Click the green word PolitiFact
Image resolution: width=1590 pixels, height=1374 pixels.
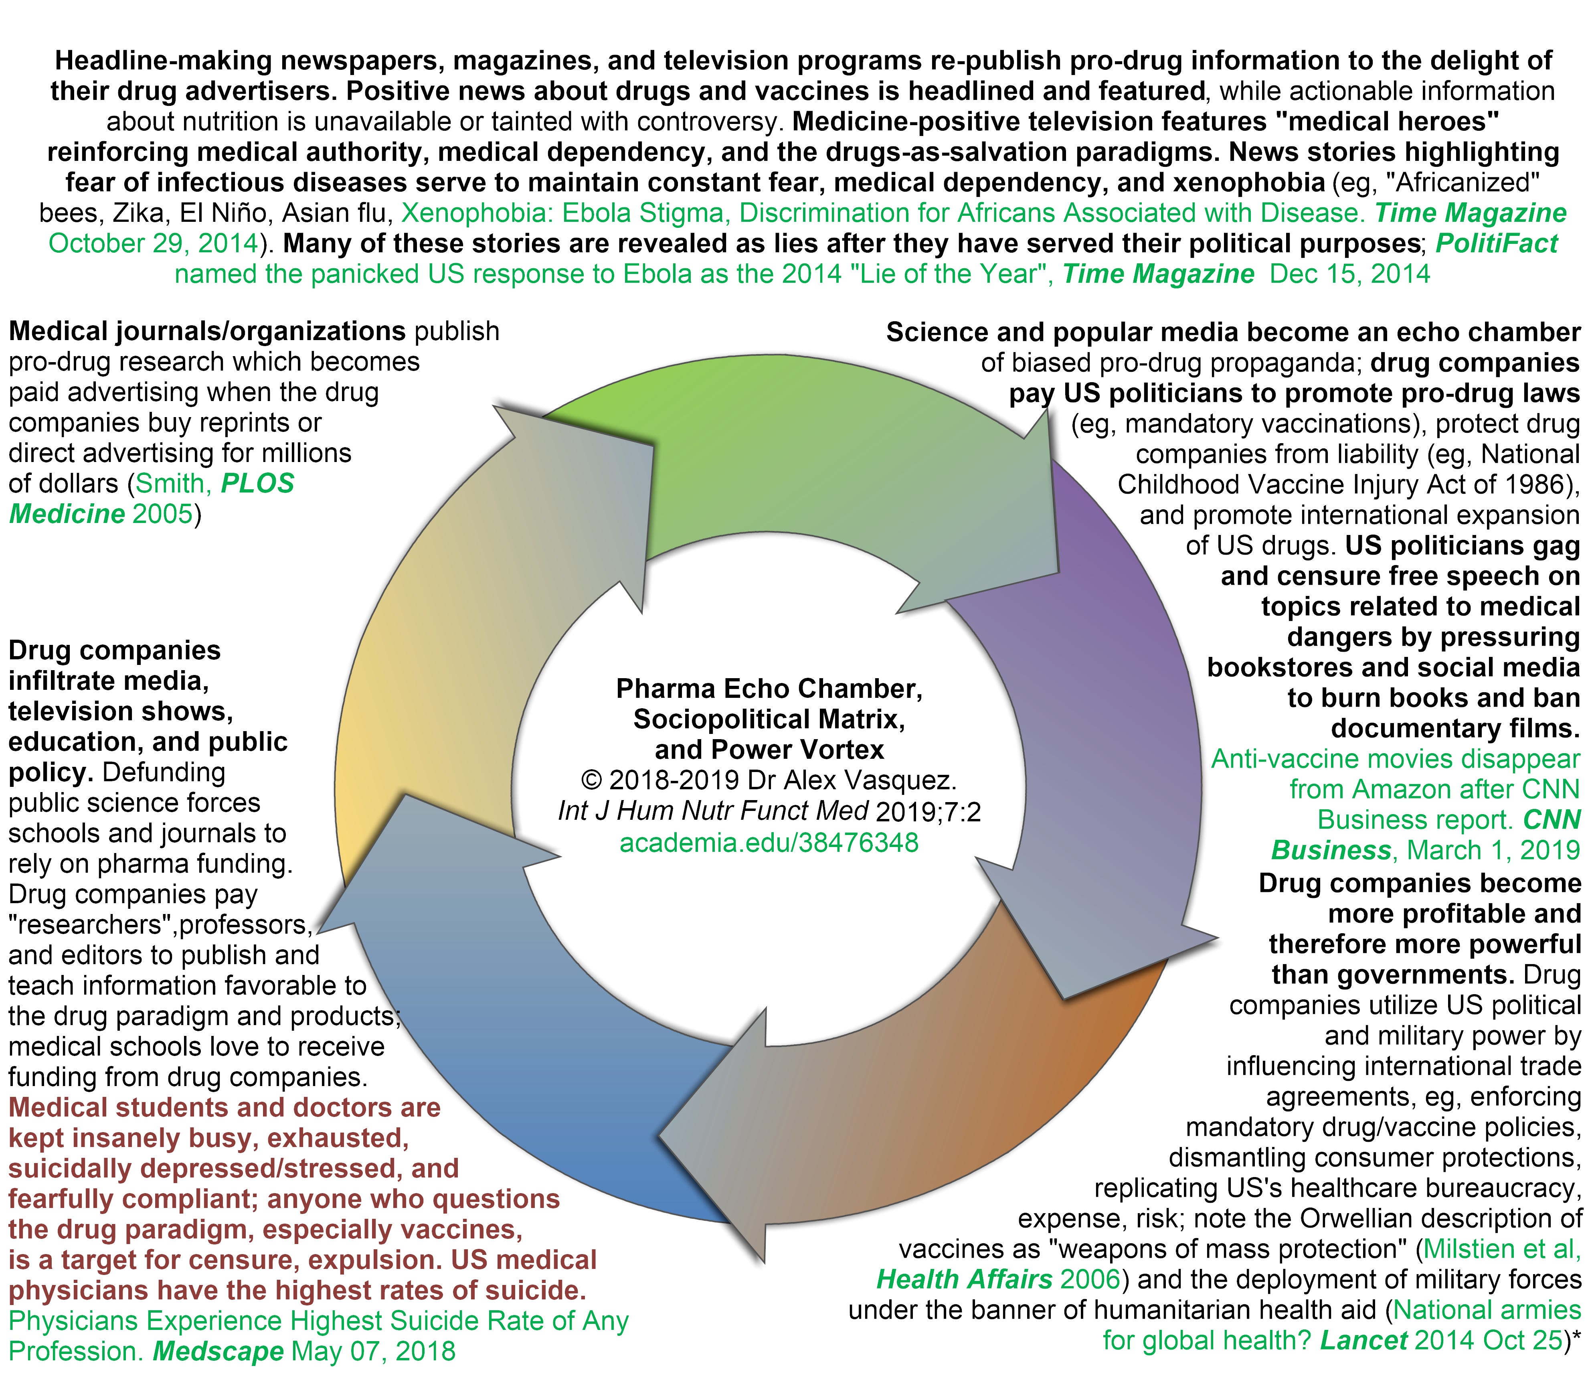1496,243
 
